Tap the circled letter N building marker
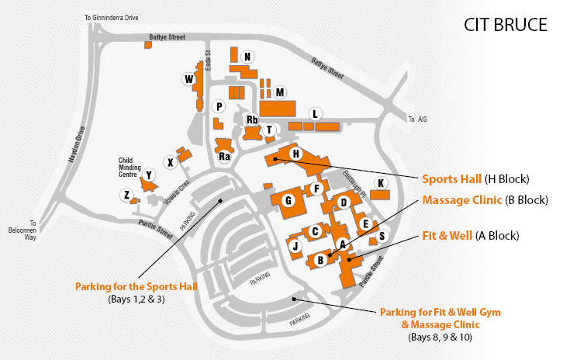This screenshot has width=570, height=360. [247, 57]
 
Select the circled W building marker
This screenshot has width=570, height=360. [188, 78]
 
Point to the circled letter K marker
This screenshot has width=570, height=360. [380, 182]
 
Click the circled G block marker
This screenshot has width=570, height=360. [288, 201]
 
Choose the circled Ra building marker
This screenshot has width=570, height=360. [225, 157]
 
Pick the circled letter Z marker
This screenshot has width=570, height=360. [126, 196]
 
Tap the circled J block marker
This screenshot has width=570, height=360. [295, 246]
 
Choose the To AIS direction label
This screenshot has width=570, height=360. [417, 119]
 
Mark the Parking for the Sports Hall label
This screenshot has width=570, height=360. [136, 286]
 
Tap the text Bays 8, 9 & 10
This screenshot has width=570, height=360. [440, 337]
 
